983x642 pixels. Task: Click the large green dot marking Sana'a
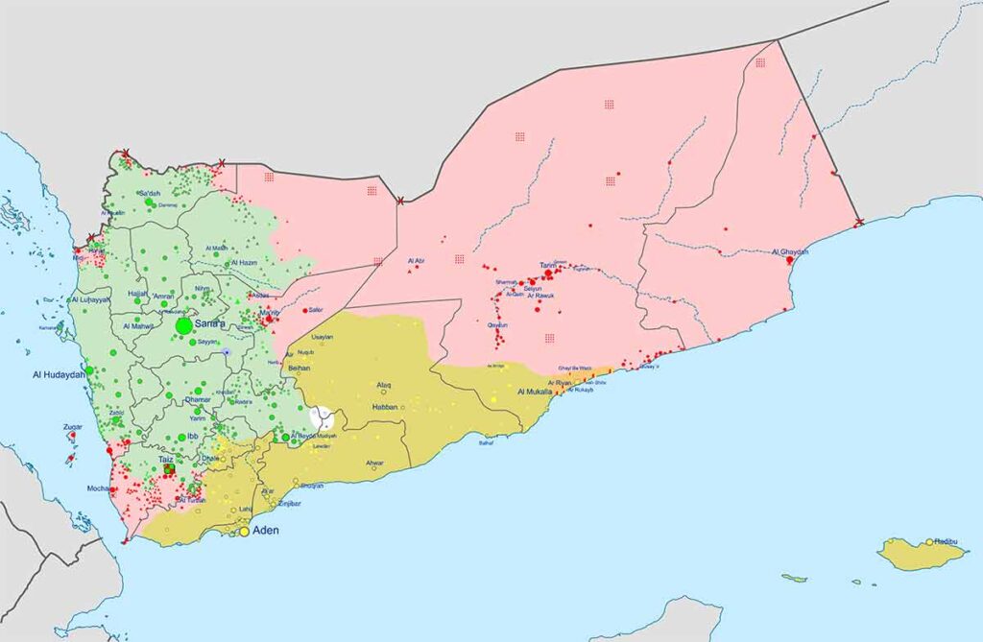pos(183,326)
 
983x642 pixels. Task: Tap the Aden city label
pos(266,531)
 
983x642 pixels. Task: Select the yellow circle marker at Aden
pos(245,531)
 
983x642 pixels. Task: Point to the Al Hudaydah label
pos(59,374)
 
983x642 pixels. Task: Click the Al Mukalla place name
pos(535,392)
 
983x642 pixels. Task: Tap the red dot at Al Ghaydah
pos(789,260)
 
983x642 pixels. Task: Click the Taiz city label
pos(166,461)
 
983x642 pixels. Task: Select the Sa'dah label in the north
pos(149,194)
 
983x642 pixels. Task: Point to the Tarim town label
pos(547,265)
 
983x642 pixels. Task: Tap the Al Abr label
pos(417,260)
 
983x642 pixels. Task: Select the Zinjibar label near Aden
pos(290,503)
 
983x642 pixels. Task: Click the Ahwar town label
pos(374,464)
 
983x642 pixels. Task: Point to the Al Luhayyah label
pos(90,300)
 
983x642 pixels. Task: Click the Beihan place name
pos(300,368)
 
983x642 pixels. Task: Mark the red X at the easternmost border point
pos(859,223)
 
